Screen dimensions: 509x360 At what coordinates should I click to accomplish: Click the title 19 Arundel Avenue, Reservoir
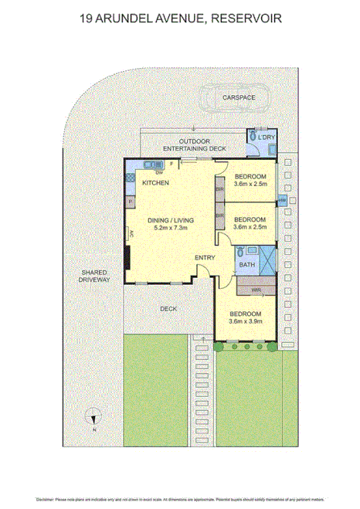(180, 16)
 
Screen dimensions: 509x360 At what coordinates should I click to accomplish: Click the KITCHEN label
(155, 182)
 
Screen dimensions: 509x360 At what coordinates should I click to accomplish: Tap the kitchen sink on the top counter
(151, 164)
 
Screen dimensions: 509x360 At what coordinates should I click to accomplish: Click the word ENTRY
(205, 257)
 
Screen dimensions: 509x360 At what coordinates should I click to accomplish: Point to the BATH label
(246, 265)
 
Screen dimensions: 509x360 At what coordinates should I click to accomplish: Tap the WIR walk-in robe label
(256, 290)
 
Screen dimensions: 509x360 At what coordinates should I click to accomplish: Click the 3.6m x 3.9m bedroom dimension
(246, 321)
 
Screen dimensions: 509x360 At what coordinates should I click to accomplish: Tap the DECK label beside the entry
(168, 309)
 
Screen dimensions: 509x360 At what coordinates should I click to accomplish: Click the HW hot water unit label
(282, 200)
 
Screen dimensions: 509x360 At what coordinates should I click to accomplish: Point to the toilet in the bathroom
(242, 252)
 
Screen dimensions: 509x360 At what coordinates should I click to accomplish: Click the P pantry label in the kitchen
(131, 202)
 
